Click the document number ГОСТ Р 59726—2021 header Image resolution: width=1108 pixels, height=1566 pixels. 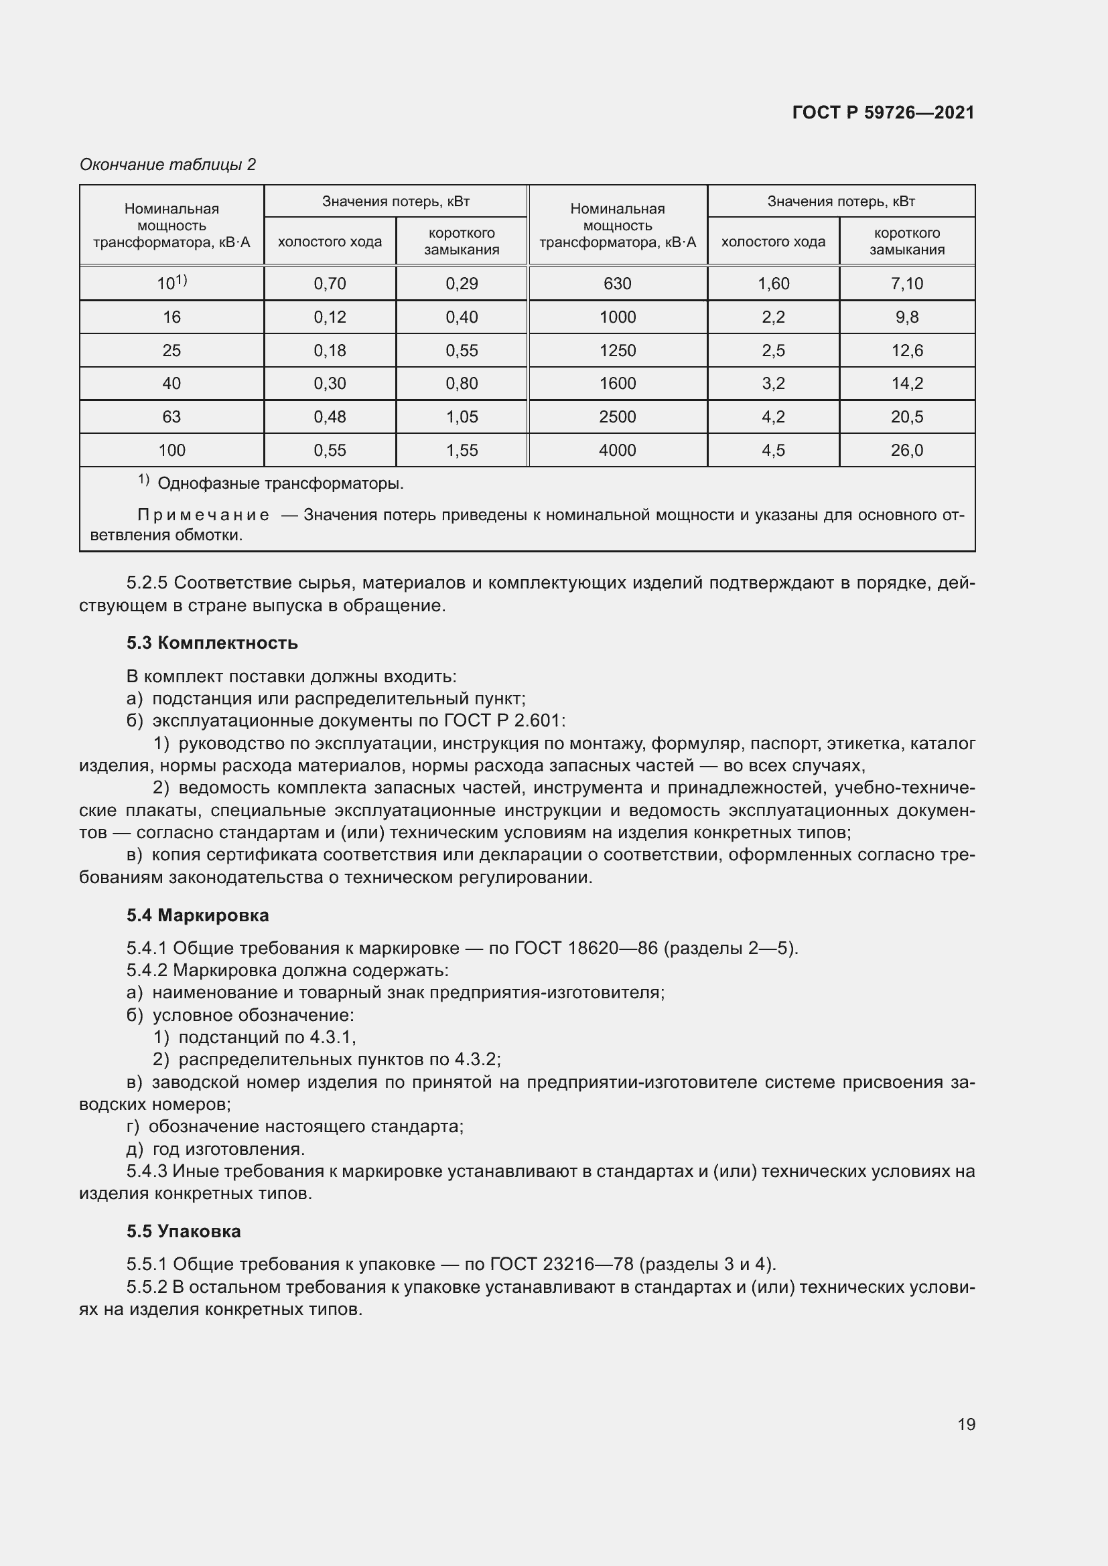click(x=883, y=112)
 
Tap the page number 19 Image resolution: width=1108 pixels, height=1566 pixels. click(x=966, y=1424)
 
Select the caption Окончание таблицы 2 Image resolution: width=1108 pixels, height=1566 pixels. click(x=168, y=165)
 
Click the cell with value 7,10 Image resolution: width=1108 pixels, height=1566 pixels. click(x=907, y=284)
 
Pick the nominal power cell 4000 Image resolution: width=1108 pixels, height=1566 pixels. click(x=618, y=450)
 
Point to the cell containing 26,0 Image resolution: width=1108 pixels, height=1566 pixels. click(x=907, y=450)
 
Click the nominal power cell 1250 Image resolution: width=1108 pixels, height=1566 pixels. click(x=618, y=351)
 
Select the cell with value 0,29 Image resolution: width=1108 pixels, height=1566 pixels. click(x=462, y=284)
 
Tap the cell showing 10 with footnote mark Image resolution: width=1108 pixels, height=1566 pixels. click(x=171, y=284)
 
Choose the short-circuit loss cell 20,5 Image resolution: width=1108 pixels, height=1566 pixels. click(x=907, y=416)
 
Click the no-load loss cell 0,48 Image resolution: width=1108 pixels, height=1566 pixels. click(x=330, y=416)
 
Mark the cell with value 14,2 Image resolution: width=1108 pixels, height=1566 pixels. click(x=907, y=384)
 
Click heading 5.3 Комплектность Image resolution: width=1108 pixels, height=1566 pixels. click(x=212, y=643)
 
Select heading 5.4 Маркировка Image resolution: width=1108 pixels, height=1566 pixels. click(x=198, y=915)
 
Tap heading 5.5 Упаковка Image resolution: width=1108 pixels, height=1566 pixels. click(x=184, y=1231)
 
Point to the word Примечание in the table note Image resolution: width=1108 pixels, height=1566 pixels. click(x=204, y=515)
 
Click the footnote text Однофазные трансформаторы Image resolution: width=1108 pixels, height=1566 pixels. click(x=281, y=484)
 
